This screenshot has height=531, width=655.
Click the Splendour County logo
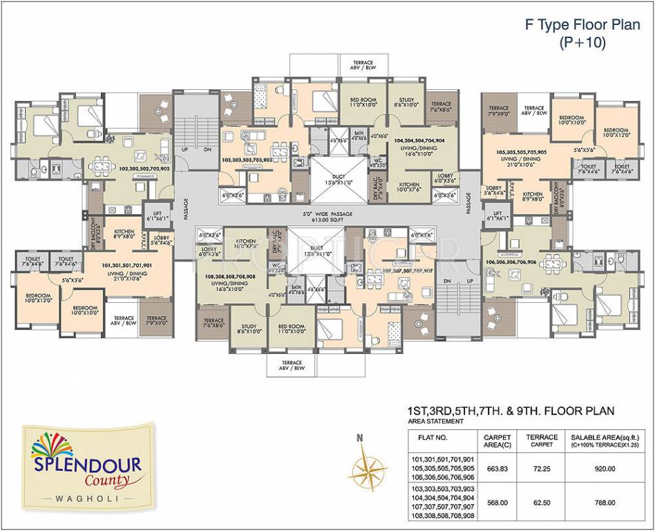86,460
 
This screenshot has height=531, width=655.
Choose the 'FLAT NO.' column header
433,437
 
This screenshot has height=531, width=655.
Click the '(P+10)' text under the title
582,43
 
